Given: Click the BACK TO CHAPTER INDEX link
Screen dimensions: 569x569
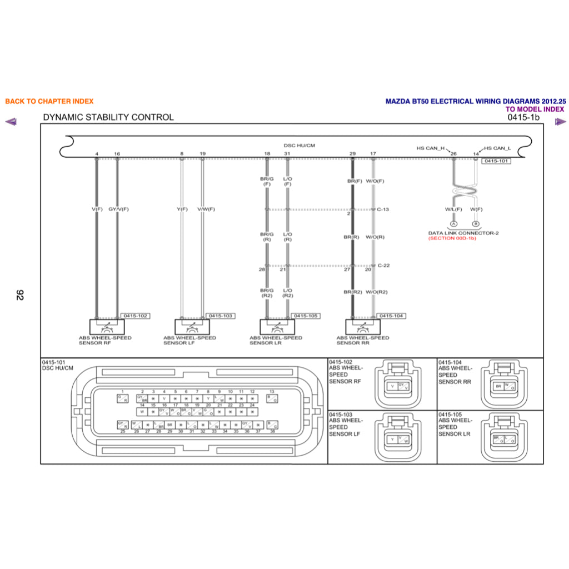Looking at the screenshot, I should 49,101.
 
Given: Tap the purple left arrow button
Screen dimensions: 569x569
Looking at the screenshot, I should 11,122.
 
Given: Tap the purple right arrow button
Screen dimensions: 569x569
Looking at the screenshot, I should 560,122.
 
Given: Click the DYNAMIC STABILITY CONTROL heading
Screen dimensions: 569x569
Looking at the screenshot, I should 108,117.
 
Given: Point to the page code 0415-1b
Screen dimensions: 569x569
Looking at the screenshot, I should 523,117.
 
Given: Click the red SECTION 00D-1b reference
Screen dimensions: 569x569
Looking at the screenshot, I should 452,238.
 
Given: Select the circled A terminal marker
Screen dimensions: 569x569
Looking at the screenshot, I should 453,224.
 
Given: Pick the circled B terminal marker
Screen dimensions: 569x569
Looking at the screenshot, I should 475,224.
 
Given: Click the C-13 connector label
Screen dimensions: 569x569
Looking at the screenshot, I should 383,209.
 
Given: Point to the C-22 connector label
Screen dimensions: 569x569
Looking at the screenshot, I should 383,266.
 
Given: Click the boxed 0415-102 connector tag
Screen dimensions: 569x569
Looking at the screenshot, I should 136,316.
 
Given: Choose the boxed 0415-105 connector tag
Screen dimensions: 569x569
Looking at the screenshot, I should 306,316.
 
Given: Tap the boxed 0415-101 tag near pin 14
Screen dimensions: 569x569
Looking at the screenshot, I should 496,161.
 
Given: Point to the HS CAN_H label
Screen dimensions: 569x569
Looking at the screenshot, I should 431,148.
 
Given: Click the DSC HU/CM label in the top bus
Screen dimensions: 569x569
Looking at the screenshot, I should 300,146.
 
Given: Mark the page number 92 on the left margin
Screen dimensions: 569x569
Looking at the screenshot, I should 21,295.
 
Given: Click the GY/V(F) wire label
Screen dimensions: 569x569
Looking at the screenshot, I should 118,209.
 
